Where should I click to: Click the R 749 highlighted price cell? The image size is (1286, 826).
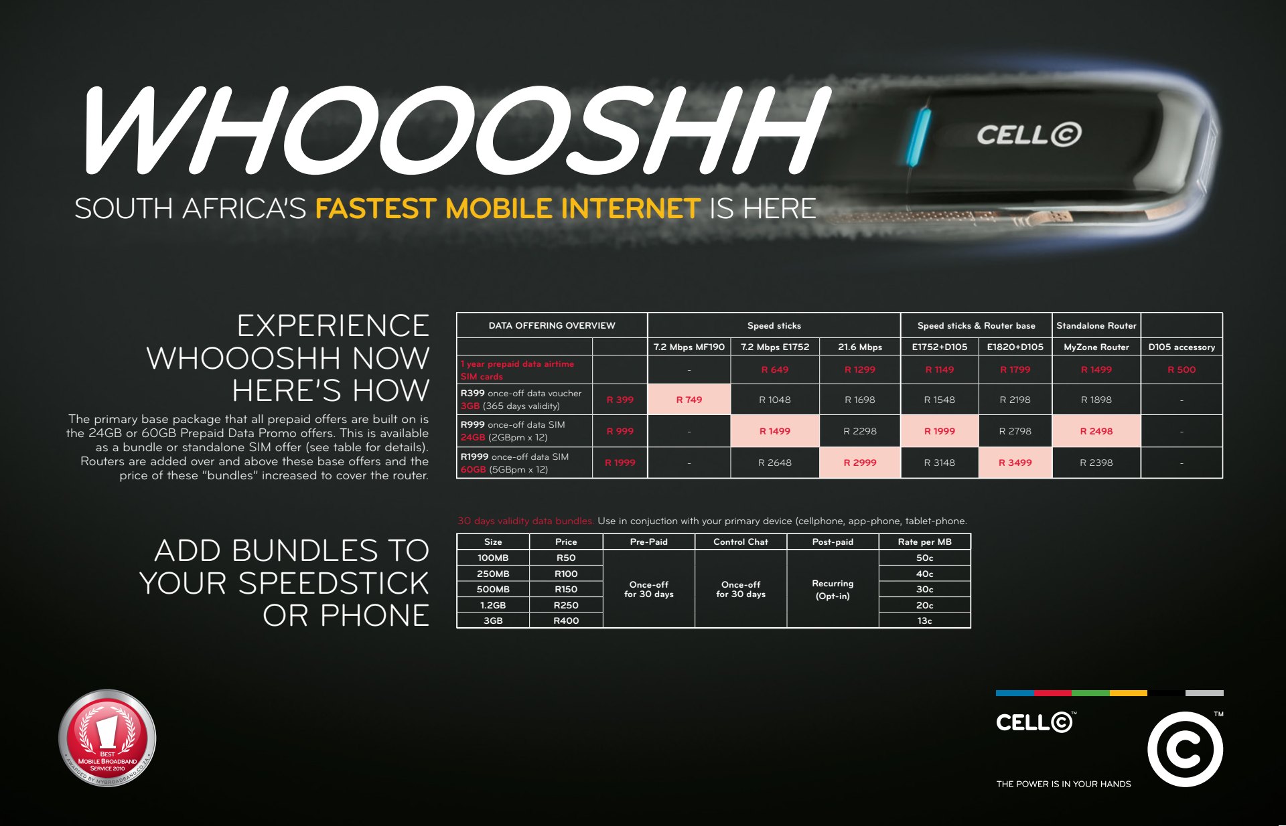click(689, 400)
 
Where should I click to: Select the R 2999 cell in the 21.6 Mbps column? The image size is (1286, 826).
click(860, 463)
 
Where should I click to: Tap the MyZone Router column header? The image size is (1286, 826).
click(1096, 347)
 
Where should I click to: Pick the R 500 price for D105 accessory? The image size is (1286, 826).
click(1182, 369)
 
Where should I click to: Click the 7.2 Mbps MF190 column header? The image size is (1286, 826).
click(689, 347)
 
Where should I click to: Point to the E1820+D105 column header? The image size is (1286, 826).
click(1015, 347)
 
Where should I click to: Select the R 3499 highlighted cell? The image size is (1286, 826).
click(1015, 463)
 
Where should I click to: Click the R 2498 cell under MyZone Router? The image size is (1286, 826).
click(1096, 431)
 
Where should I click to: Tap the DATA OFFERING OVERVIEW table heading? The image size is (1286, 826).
click(552, 325)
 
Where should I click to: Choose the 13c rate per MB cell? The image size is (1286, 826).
click(924, 621)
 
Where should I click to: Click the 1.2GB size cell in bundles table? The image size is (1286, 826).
click(493, 605)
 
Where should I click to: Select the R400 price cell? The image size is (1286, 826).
click(566, 621)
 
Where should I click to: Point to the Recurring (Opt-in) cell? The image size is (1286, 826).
click(833, 589)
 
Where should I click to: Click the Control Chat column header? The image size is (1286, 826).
click(741, 542)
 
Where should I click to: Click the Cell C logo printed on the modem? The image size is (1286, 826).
click(1029, 135)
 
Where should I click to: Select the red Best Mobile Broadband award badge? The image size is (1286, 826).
click(107, 738)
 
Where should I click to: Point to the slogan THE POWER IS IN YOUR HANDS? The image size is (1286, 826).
click(1063, 784)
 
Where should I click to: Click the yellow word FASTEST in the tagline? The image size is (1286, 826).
click(376, 208)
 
